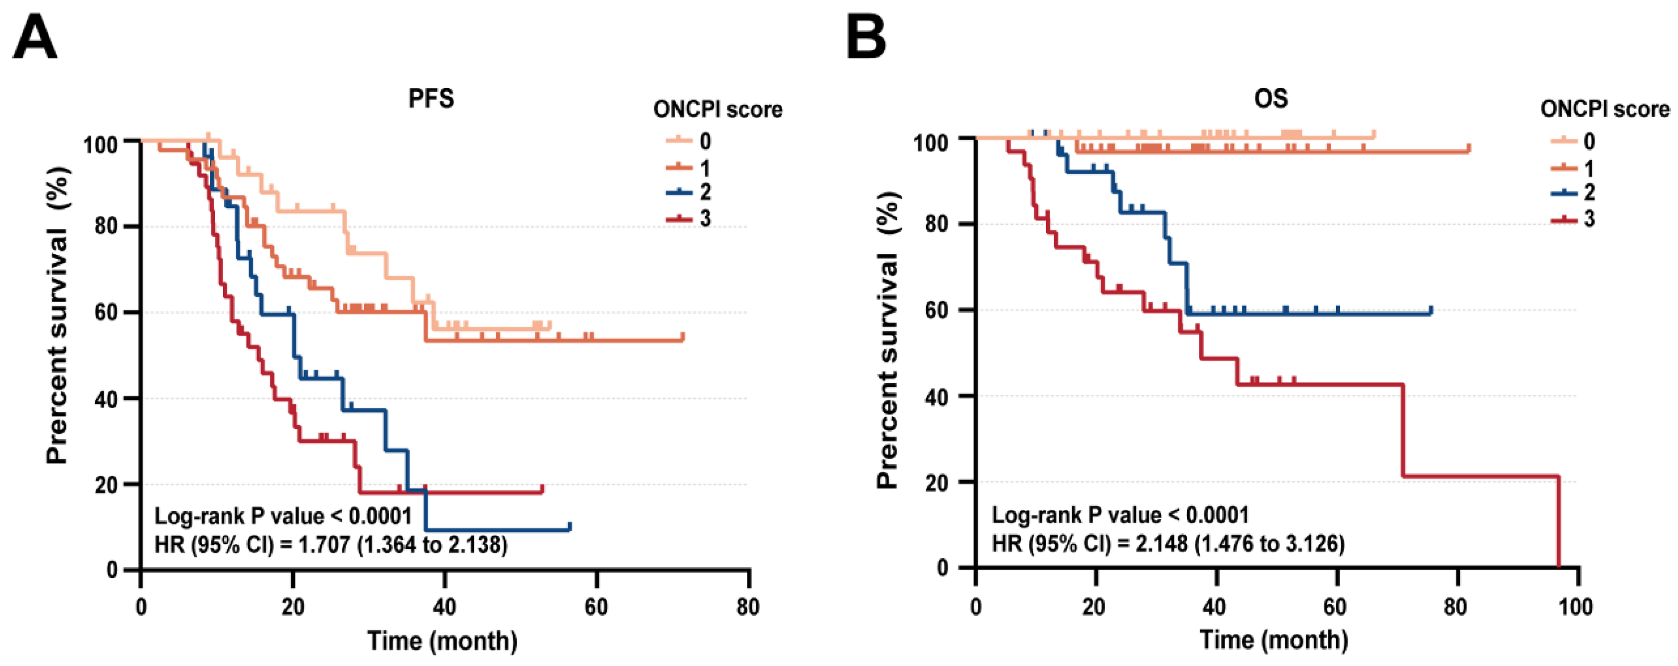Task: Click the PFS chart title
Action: (x=430, y=98)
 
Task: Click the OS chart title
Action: (x=1270, y=98)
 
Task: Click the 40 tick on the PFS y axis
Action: (x=107, y=398)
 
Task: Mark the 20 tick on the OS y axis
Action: (x=936, y=481)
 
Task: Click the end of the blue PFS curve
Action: (x=570, y=527)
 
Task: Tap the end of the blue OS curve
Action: (x=1430, y=310)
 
